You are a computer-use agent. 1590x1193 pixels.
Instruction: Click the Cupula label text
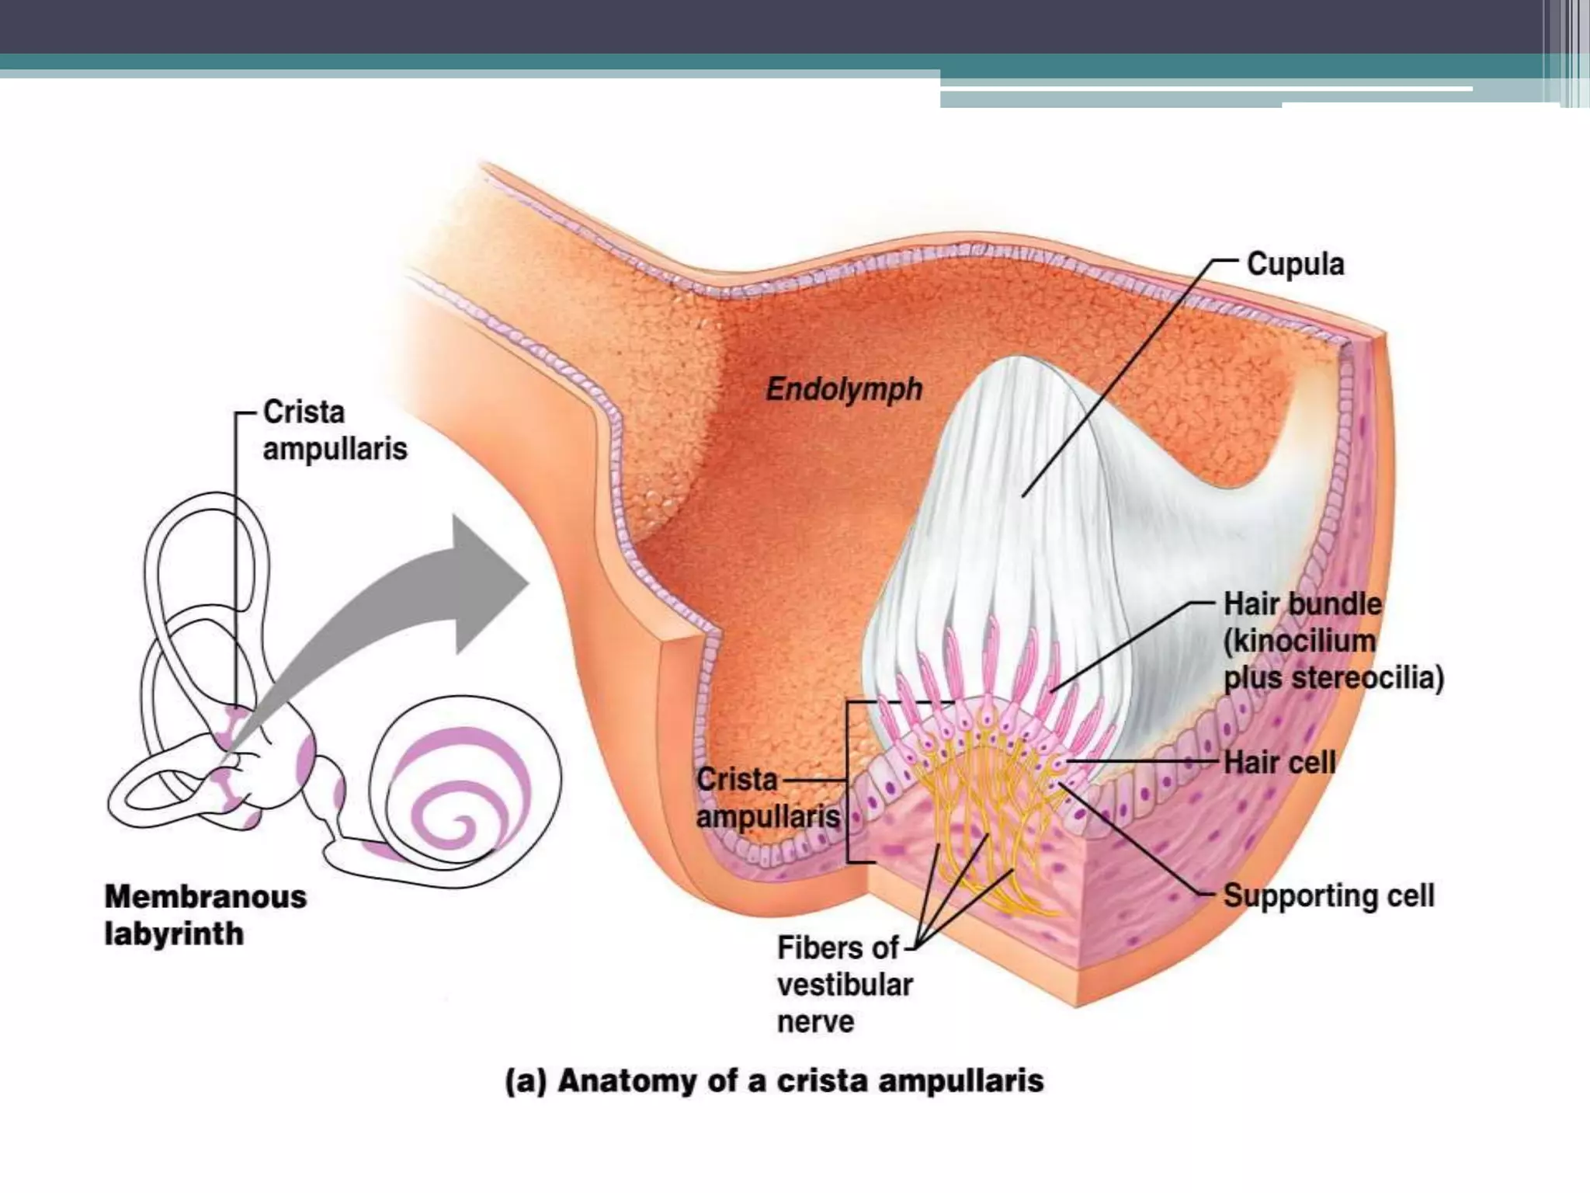(x=1295, y=264)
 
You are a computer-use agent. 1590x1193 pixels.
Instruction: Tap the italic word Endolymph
(x=844, y=389)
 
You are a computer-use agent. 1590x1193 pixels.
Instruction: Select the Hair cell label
(x=1279, y=762)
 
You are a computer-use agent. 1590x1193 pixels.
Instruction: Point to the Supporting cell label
(x=1328, y=896)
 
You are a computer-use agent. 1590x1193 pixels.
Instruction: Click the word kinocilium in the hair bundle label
(x=1299, y=642)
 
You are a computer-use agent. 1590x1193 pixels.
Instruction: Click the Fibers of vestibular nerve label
(x=845, y=985)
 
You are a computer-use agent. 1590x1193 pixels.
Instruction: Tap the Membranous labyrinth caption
(x=205, y=915)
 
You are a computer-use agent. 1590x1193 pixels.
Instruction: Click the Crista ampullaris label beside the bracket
(x=767, y=798)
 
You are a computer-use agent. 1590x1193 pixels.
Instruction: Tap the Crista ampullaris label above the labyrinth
(x=335, y=430)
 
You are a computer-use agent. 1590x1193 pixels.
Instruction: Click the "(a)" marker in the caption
(x=526, y=1081)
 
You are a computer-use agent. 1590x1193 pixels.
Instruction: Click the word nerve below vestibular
(x=815, y=1022)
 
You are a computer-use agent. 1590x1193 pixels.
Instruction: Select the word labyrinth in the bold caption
(x=174, y=934)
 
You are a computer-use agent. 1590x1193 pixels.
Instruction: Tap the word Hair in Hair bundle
(x=1251, y=604)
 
